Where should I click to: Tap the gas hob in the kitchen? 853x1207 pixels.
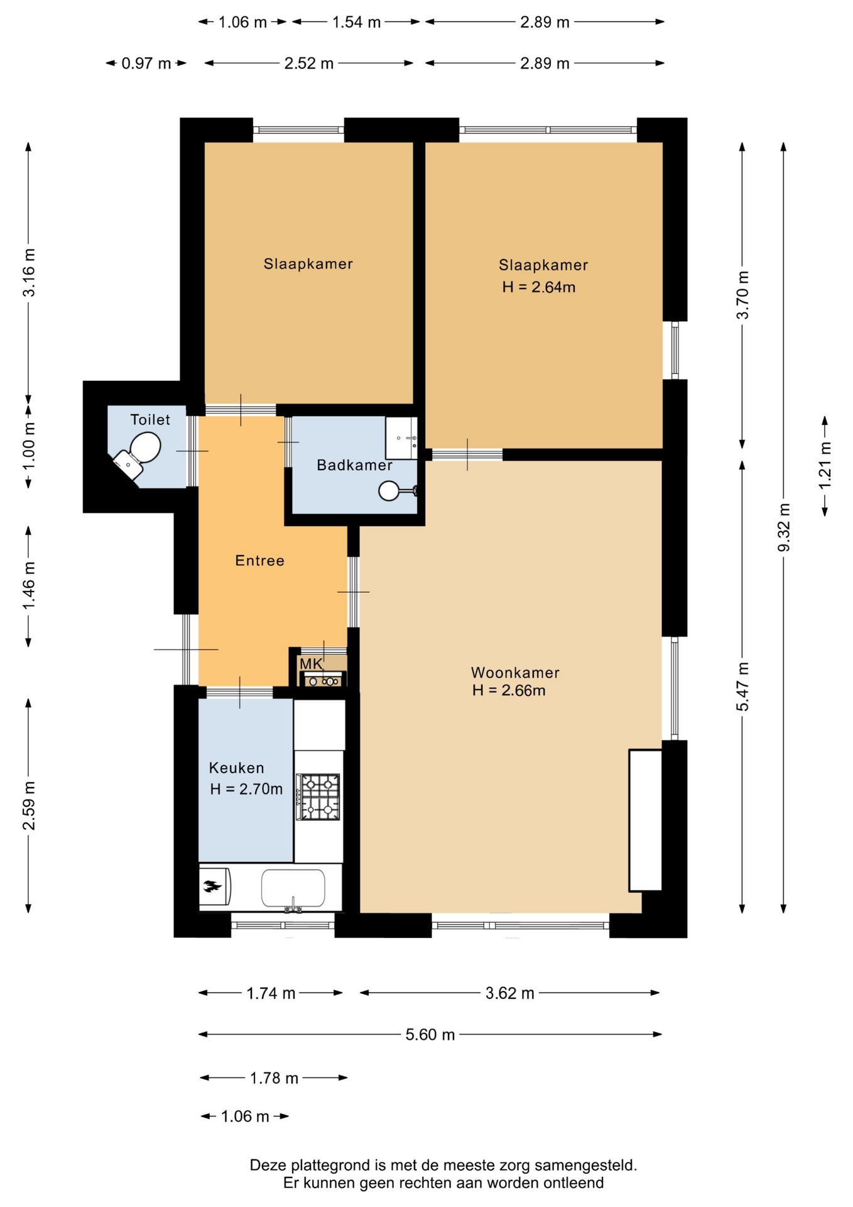318,796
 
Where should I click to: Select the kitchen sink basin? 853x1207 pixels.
293,888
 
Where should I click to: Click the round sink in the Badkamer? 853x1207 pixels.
389,490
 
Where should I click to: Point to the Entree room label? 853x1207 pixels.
260,560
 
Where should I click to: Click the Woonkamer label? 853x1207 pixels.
515,672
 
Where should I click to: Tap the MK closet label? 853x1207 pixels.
311,664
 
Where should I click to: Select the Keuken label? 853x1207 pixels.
236,768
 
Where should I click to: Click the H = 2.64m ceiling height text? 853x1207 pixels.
539,287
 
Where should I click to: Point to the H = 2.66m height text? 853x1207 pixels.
509,690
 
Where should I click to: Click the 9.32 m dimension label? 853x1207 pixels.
783,527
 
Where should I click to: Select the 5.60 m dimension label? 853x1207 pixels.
430,1034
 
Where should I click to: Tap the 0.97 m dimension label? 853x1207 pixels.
146,63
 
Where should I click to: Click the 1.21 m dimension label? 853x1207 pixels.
825,465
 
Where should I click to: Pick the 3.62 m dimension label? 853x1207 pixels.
510,993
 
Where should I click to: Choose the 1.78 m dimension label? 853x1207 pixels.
274,1078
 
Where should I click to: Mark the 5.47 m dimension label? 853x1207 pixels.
742,686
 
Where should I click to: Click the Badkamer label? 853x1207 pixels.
354,465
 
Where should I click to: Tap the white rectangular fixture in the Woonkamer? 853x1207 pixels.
646,820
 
